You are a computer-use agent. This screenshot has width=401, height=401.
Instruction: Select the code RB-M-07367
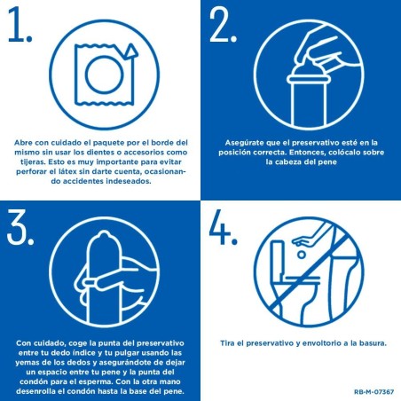click(373, 391)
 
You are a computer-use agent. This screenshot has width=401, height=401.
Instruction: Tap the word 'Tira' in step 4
click(229, 342)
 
